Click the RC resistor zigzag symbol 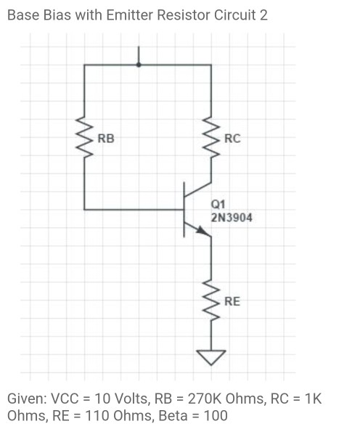(212, 137)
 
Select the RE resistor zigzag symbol (212, 301)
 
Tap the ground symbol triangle (212, 357)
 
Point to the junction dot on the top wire (139, 65)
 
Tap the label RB (105, 137)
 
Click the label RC (232, 138)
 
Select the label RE (232, 301)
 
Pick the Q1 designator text (218, 205)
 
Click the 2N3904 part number (232, 216)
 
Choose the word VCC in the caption (67, 399)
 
